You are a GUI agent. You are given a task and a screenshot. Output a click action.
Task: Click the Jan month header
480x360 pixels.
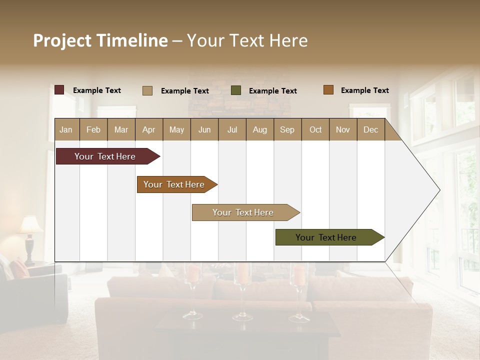(x=66, y=129)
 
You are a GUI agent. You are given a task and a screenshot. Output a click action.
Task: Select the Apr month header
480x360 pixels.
(x=149, y=129)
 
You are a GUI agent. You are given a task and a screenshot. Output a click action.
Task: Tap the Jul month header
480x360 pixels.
(x=232, y=129)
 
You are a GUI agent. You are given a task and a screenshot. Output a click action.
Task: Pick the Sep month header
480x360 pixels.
(x=287, y=129)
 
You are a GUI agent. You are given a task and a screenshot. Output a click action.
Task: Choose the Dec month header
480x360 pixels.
(x=370, y=129)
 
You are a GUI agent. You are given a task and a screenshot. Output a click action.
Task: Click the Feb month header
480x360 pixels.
(x=93, y=129)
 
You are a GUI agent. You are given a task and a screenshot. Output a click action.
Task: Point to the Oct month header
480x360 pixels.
(x=315, y=129)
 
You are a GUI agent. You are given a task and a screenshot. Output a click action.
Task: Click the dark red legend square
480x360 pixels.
(x=59, y=90)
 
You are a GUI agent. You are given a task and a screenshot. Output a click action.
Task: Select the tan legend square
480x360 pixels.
(x=147, y=90)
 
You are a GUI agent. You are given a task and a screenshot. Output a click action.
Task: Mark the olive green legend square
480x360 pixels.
(x=236, y=90)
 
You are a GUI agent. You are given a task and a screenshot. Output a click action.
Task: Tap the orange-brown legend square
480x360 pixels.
(x=328, y=90)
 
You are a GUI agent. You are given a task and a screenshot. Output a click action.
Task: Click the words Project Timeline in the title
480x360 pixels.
(x=100, y=40)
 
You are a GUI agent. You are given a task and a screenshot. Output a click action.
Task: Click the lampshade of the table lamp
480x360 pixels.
(x=31, y=225)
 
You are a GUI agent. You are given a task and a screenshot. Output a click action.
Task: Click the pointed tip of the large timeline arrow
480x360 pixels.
(x=439, y=190)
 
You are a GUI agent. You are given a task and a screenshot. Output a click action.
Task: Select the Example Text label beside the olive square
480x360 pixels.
(x=272, y=91)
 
